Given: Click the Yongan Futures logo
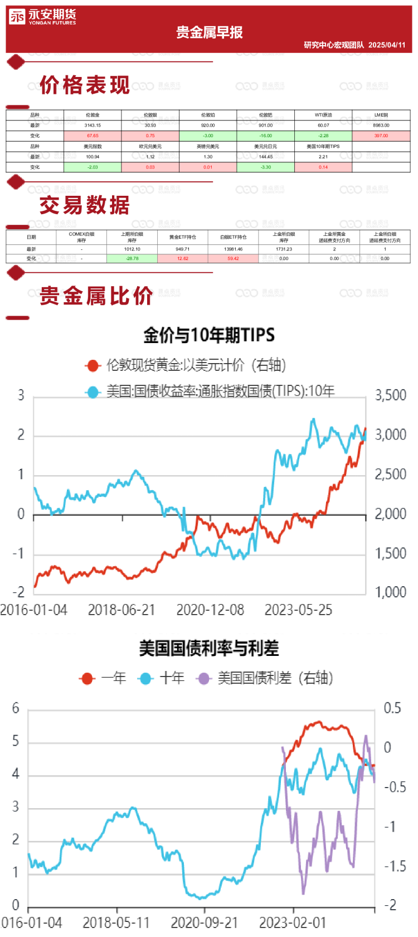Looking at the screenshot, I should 42,17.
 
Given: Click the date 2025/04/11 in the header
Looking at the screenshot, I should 387,45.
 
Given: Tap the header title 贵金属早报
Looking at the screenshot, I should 210,32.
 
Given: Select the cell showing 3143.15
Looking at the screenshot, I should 93,125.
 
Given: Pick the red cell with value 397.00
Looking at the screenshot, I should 381,136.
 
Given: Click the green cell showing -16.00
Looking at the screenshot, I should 266,136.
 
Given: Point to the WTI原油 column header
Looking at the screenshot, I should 323,115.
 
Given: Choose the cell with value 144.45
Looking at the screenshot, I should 266,157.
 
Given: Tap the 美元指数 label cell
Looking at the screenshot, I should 93,146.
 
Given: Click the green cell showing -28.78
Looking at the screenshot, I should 132,258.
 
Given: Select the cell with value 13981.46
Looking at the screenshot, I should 233,249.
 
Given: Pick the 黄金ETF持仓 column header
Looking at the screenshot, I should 183,237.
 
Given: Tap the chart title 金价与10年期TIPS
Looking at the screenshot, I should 209,335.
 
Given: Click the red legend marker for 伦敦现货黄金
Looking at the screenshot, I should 92,365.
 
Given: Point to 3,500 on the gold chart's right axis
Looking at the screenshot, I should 391,395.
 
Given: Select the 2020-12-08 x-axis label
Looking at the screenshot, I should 210,610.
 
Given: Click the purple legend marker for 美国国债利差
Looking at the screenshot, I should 203,678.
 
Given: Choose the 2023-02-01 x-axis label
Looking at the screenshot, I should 292,922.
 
